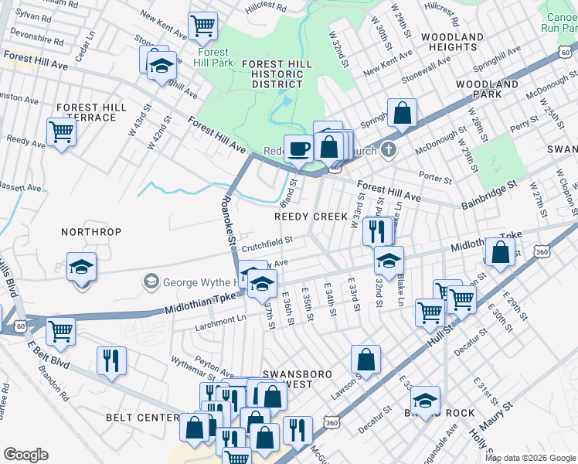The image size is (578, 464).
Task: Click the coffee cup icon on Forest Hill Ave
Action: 298,148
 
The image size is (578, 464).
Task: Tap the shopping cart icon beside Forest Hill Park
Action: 202,26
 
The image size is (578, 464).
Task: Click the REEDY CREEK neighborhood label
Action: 311,217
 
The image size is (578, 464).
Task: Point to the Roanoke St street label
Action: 228,220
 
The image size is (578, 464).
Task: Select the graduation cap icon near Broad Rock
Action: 424,400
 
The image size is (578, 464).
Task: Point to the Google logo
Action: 25,454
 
